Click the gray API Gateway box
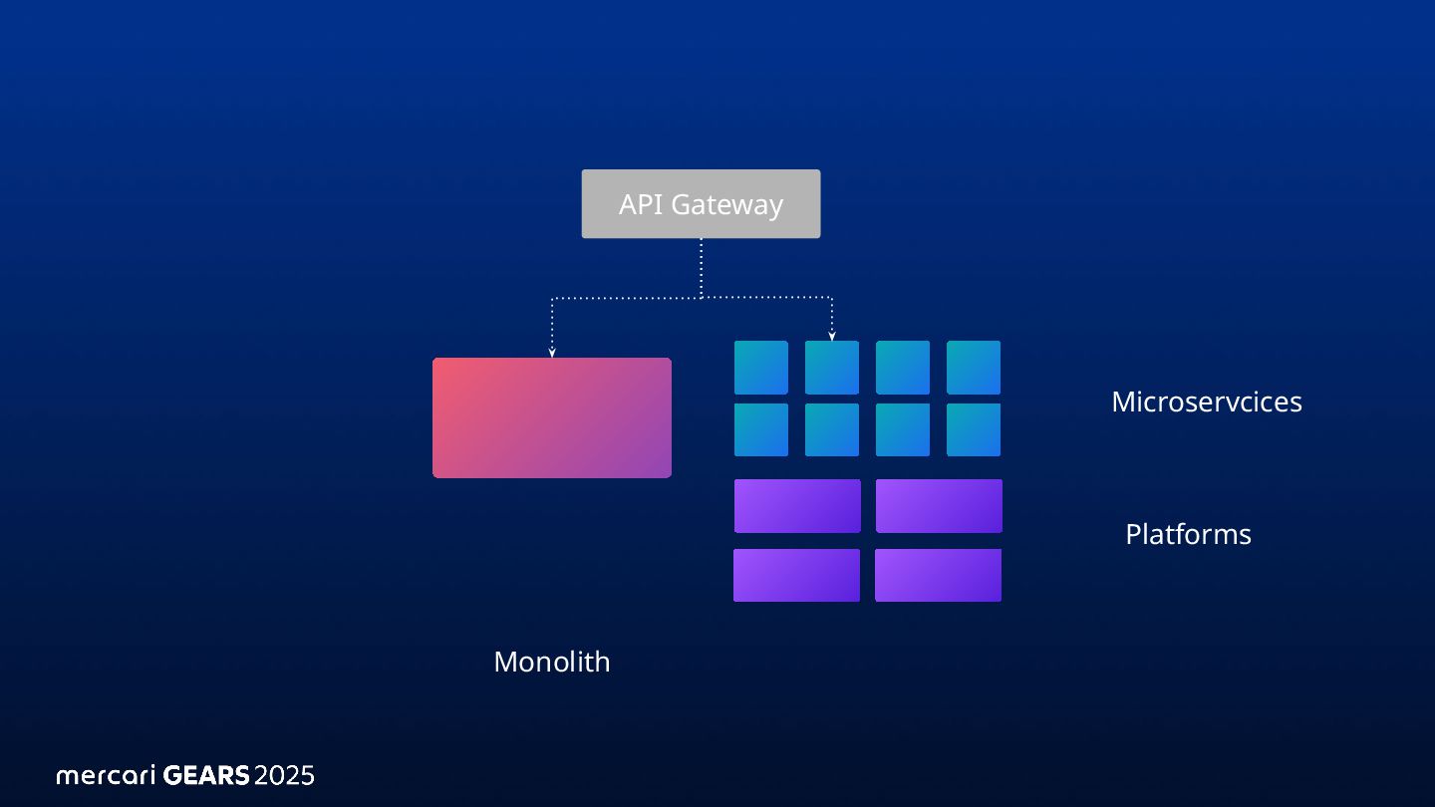tap(701, 203)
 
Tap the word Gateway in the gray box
tap(726, 205)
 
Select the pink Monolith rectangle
tap(551, 417)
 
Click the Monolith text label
tap(551, 662)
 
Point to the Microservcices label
tap(1206, 402)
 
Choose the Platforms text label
tap(1188, 534)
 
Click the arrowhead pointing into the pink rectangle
tap(551, 352)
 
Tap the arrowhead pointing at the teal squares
tap(832, 336)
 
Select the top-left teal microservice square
tap(761, 368)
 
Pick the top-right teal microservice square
tap(974, 368)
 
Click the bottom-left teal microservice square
tap(761, 429)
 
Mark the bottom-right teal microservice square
tap(974, 429)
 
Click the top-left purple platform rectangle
tap(797, 506)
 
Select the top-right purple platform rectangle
tap(939, 506)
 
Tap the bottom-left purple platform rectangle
tap(796, 575)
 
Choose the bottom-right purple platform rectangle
tap(938, 575)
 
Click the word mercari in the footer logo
tap(106, 775)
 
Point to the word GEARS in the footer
tap(205, 775)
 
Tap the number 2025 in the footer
tap(284, 775)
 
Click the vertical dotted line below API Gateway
tap(702, 267)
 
